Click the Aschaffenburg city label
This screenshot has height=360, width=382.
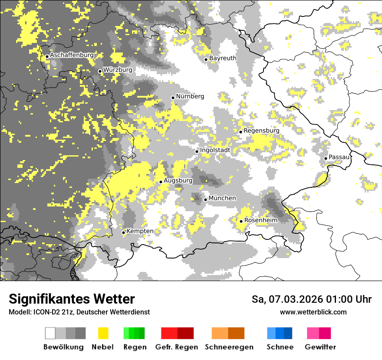(72, 56)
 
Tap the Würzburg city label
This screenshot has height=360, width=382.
(118, 70)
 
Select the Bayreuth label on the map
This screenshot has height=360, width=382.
(223, 58)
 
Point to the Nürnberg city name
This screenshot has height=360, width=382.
(190, 96)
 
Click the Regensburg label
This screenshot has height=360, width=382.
(261, 131)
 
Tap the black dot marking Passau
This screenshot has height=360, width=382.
(326, 158)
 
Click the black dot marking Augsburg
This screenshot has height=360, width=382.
(161, 182)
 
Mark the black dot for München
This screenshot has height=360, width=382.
(205, 200)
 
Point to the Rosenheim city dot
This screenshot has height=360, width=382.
(241, 221)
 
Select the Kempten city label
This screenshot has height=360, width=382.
(140, 231)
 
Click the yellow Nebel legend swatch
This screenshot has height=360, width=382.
(103, 333)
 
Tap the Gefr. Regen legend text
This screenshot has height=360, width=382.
(177, 347)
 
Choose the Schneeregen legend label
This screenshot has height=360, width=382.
(229, 347)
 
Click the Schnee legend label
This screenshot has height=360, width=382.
(280, 347)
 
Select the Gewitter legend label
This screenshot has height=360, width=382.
(320, 347)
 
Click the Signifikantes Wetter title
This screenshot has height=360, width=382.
(72, 299)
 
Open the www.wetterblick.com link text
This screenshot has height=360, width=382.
(313, 312)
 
